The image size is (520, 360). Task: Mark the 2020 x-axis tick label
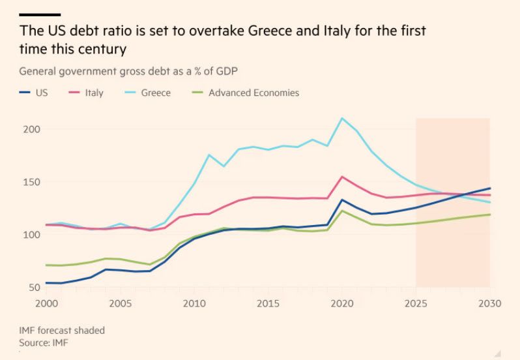point(342,303)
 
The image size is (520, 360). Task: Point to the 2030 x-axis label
point(489,303)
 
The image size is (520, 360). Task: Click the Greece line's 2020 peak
point(342,118)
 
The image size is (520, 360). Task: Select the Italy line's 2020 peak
point(342,176)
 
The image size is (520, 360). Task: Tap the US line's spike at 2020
point(342,200)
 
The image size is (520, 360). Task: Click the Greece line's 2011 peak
point(209,155)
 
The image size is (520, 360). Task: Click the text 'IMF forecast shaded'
point(62,331)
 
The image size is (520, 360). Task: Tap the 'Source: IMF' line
point(44,342)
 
